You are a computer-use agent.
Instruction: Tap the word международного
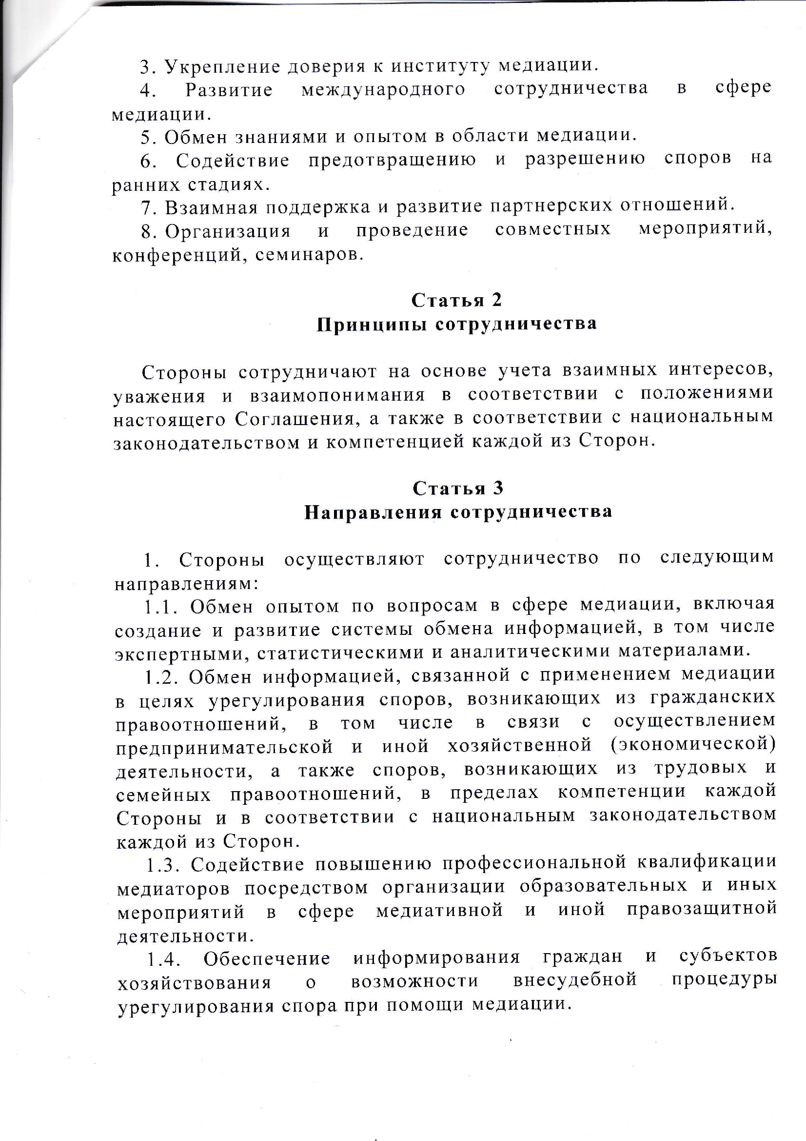point(383,89)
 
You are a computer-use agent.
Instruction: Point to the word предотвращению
point(392,160)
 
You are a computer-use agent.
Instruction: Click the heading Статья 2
point(456,300)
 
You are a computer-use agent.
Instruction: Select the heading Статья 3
point(457,488)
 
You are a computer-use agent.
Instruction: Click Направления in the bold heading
point(373,512)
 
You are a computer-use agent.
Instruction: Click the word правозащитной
point(701,908)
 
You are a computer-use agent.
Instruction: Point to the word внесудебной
point(574,979)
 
